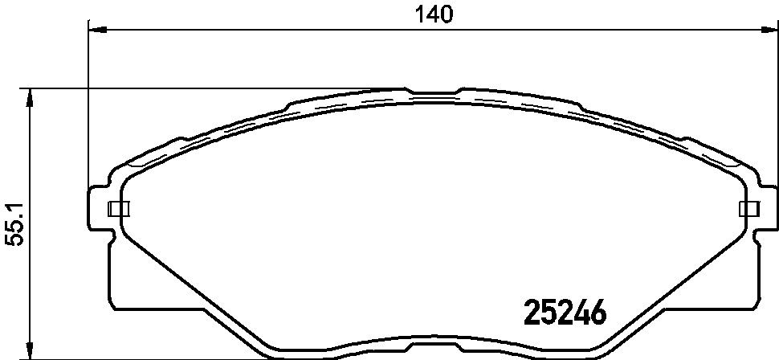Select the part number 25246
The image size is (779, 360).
565,313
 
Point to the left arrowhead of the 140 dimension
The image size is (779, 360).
97,30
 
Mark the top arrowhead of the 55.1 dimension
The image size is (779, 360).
31,98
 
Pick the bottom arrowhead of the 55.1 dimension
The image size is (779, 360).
31,350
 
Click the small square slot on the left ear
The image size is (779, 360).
118,209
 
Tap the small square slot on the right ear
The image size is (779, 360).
749,209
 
